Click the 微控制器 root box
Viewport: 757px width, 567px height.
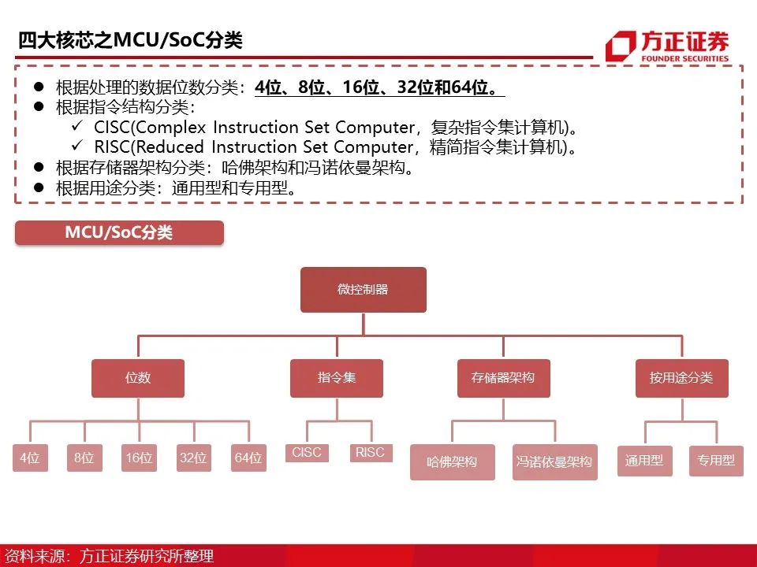coord(364,289)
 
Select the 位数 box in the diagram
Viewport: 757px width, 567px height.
coord(138,378)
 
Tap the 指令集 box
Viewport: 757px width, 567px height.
coord(337,378)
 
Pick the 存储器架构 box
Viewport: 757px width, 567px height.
coord(503,378)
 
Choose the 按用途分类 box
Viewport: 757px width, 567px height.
coord(682,378)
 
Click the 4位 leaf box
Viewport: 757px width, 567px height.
coord(30,458)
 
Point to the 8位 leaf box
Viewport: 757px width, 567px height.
coord(84,458)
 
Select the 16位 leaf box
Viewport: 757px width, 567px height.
coord(139,458)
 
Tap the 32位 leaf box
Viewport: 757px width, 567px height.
coord(193,458)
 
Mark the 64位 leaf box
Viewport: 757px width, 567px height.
coord(248,458)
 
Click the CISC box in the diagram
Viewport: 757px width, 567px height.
coord(307,453)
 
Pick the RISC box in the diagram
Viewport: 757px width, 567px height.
coord(371,453)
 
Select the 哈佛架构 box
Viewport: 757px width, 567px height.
coord(452,462)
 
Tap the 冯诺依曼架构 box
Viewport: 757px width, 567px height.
coord(554,462)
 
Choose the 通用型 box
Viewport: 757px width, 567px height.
coord(644,461)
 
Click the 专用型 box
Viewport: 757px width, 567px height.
coord(716,461)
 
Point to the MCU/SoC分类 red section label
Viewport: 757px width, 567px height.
coord(119,233)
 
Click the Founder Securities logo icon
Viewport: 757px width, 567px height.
coord(621,46)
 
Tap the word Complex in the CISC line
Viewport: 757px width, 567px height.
coord(168,128)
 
